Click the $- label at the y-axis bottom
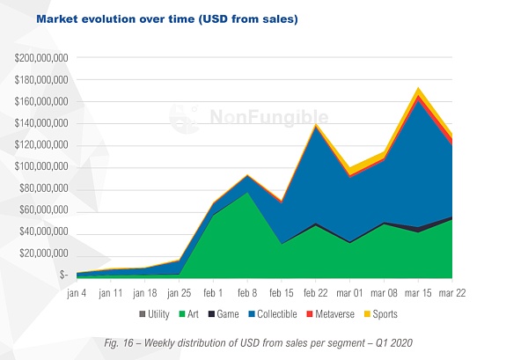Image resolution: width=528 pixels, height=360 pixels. click(x=63, y=275)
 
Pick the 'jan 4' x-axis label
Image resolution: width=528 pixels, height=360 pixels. click(x=77, y=291)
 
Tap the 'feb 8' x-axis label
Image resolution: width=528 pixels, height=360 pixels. click(x=248, y=291)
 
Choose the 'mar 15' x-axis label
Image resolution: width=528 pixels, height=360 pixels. click(x=419, y=291)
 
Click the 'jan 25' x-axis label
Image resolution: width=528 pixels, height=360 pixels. click(x=180, y=291)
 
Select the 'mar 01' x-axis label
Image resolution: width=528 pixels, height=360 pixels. click(x=350, y=291)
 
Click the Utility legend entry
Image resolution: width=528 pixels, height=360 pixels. click(x=155, y=314)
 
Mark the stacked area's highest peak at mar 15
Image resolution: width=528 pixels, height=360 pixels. click(x=419, y=89)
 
